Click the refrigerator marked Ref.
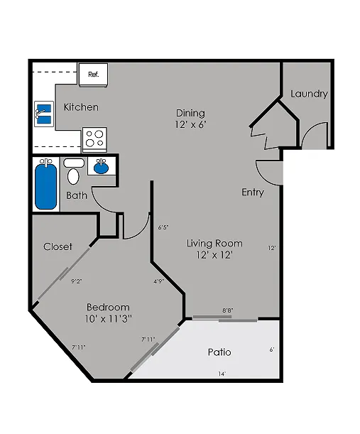point(93,75)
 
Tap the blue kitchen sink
point(44,114)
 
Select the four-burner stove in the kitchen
point(94,139)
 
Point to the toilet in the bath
point(74,171)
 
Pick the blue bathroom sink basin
point(102,168)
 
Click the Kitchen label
point(81,107)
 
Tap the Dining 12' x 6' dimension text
point(191,119)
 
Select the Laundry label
point(309,94)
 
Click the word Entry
point(253,192)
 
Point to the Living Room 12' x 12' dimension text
point(214,249)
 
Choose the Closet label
point(58,246)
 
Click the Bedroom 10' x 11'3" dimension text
point(108,313)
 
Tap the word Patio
point(219,352)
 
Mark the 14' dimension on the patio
point(222,374)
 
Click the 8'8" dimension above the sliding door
point(227,310)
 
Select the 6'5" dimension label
point(163,227)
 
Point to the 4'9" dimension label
point(159,281)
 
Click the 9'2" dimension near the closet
point(77,281)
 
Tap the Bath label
point(77,195)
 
